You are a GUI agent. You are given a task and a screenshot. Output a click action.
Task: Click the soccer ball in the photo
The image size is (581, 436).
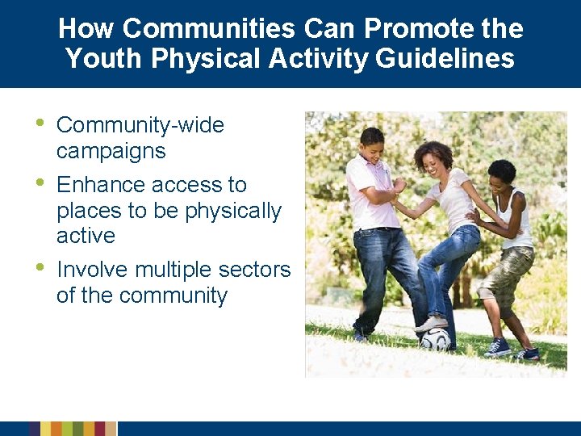(x=436, y=338)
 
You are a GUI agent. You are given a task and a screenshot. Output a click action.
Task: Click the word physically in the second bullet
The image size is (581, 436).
(x=233, y=211)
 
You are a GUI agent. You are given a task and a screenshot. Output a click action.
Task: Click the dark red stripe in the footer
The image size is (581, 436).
(x=100, y=429)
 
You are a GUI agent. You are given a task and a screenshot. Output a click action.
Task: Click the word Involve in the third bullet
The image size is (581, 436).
(x=90, y=269)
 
